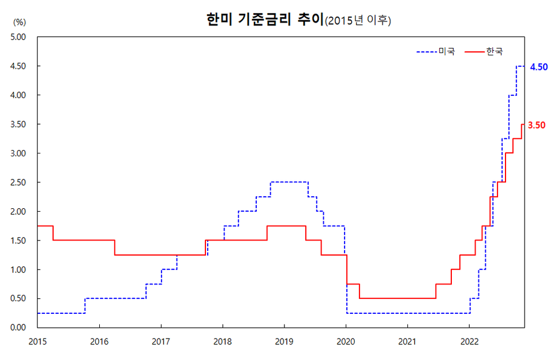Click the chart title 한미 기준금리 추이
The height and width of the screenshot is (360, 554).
click(x=264, y=20)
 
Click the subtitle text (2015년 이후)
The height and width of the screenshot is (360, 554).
click(x=358, y=21)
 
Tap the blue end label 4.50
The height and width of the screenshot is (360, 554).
click(x=538, y=67)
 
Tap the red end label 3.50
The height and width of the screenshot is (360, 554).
click(x=537, y=125)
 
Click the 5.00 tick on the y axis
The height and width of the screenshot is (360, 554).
click(x=20, y=37)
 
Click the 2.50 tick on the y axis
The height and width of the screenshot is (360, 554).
click(x=20, y=182)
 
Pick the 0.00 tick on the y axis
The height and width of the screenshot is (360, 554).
click(x=20, y=328)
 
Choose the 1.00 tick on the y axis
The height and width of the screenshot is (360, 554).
click(x=20, y=269)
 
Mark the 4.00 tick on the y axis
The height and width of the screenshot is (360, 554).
click(x=20, y=95)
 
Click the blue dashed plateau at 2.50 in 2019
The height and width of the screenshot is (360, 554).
click(x=289, y=182)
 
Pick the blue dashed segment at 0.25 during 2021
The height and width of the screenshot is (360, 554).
click(x=407, y=313)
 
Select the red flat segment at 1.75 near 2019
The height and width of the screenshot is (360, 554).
click(x=286, y=226)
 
